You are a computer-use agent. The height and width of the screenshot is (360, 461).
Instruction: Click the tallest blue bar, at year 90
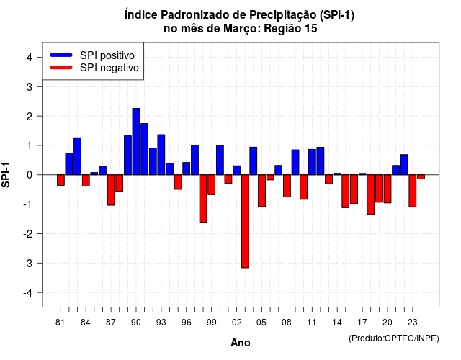(136, 141)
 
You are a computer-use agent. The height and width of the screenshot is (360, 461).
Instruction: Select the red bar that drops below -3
(245, 221)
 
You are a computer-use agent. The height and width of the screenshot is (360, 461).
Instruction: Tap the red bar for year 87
(111, 190)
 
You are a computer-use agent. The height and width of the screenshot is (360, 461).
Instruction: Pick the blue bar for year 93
(161, 155)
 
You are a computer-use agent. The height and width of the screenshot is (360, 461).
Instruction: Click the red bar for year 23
(413, 191)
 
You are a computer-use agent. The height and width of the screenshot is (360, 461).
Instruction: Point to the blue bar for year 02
(237, 170)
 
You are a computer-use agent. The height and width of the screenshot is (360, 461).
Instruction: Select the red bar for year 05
(261, 191)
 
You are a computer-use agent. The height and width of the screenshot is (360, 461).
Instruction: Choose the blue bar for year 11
(312, 162)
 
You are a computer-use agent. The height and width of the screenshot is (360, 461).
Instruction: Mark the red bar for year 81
(61, 180)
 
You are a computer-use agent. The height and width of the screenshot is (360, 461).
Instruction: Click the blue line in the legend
(61, 55)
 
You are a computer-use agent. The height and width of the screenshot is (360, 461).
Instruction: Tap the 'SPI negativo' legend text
(109, 68)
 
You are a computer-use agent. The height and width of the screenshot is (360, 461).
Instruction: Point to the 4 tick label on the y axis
(30, 58)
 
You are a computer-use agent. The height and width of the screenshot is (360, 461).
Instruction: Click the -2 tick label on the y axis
(28, 233)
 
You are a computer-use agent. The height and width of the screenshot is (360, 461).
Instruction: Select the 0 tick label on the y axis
(30, 175)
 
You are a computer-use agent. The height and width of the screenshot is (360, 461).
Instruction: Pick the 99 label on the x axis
(211, 323)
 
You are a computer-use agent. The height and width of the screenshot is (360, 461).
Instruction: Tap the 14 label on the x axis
(337, 323)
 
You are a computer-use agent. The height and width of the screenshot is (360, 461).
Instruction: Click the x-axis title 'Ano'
(241, 343)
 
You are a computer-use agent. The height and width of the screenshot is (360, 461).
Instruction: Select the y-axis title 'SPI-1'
(6, 175)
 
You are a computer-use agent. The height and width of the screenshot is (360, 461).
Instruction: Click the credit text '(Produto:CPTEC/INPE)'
(394, 338)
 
